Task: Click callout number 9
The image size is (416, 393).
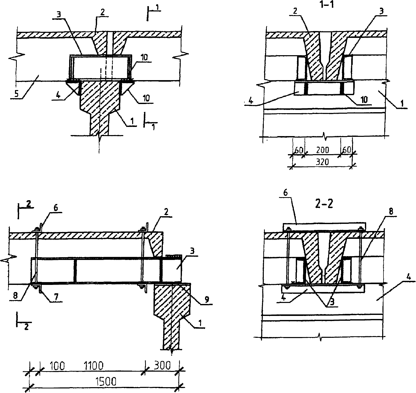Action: coord(207,300)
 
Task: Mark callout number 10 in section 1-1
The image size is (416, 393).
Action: coord(364,100)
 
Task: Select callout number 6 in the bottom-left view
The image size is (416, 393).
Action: coord(55,208)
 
